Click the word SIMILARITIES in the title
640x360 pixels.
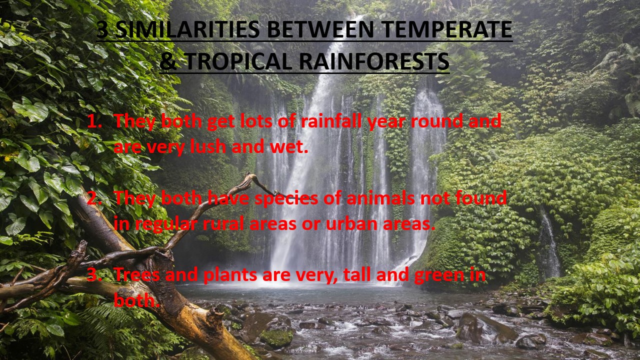click(187, 29)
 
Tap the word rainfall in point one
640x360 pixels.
click(331, 121)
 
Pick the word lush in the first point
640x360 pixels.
click(208, 146)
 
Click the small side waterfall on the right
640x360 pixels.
click(548, 245)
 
